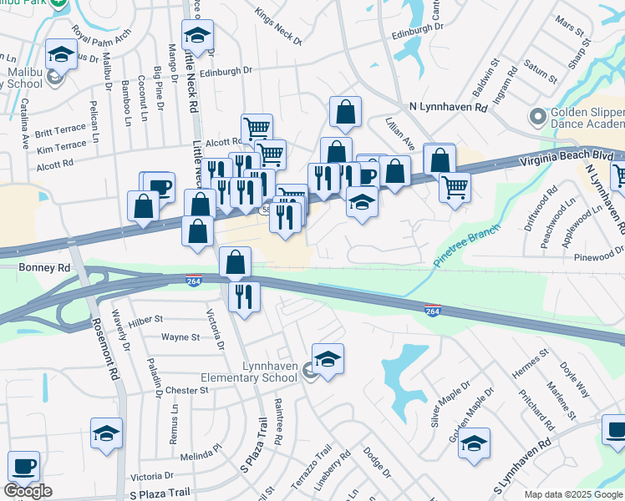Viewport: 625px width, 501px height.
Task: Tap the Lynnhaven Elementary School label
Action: pyautogui.click(x=246, y=372)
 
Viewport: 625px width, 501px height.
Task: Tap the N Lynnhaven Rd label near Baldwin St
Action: pyautogui.click(x=448, y=108)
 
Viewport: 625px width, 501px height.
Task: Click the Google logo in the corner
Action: pyautogui.click(x=28, y=491)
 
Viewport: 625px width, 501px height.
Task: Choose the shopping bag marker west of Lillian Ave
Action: pyautogui.click(x=345, y=112)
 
